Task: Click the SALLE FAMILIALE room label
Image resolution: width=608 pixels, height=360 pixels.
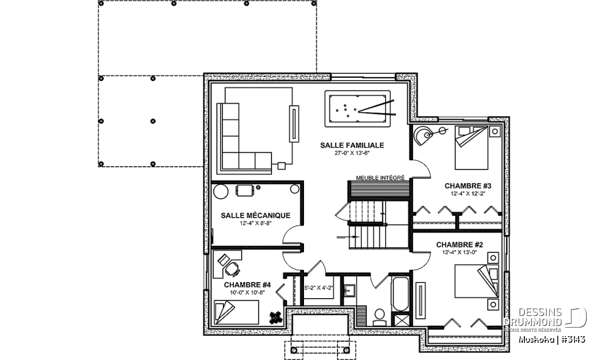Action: coord(352,145)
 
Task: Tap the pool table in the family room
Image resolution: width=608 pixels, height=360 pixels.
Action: coord(358,108)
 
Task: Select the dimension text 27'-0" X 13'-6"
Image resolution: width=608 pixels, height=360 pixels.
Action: coord(352,153)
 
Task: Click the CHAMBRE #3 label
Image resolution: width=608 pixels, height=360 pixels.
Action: coord(468,186)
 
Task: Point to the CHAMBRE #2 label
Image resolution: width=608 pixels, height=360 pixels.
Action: coord(460,245)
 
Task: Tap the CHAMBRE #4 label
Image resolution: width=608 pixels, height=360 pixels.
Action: coord(247,285)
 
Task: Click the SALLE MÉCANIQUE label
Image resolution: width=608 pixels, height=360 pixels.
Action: coord(255,215)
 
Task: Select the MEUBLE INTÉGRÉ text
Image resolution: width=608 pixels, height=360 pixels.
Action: coord(380,178)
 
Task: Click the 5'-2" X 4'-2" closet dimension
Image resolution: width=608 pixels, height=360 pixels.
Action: coord(318,288)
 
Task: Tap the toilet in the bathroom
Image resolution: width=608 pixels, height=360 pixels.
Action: coord(379,317)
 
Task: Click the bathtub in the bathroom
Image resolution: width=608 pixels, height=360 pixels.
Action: coord(400,294)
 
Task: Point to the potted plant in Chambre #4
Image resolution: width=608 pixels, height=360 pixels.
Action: coord(276,317)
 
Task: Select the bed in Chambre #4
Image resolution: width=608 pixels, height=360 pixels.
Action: coord(236,312)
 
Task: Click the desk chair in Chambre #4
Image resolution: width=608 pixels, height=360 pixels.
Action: coord(233,268)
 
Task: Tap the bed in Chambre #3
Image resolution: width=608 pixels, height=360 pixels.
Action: coord(472,148)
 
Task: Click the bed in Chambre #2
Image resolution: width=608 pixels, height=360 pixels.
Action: coord(477,281)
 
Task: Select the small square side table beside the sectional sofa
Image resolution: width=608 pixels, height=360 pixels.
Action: coord(282,166)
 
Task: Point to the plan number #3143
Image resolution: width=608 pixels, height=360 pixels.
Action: coord(573,340)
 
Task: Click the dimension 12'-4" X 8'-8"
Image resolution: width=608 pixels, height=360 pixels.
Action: coord(255,223)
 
